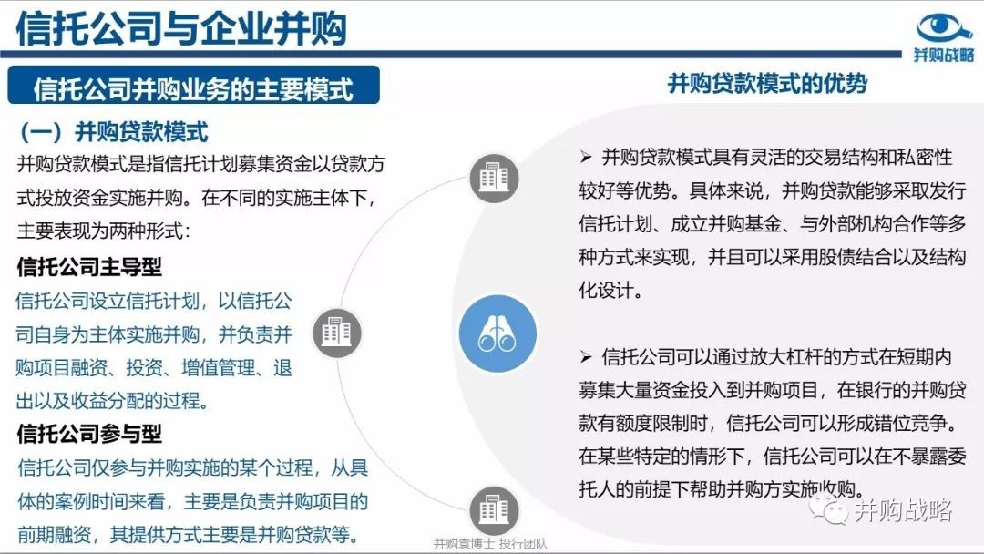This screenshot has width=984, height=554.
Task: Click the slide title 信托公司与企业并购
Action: (181, 27)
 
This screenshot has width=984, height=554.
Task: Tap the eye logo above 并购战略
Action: (944, 27)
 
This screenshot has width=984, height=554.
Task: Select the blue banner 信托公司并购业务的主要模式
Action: (193, 86)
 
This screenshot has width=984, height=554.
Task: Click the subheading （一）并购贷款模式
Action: (114, 132)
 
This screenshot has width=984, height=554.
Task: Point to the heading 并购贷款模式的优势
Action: (767, 83)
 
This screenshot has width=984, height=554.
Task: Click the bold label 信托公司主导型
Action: (89, 267)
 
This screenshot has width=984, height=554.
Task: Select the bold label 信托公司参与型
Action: (89, 434)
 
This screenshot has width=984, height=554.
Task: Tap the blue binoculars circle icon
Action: (497, 333)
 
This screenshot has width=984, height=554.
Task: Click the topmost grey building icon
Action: (495, 178)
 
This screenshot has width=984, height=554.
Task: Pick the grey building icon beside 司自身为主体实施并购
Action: (337, 333)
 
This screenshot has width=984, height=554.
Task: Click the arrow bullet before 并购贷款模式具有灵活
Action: (586, 157)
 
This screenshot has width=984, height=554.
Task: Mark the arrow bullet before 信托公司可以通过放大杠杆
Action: (586, 357)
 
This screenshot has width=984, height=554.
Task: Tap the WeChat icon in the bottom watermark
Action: (828, 508)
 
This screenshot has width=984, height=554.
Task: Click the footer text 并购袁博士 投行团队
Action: (490, 544)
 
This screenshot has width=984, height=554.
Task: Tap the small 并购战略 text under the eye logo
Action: (943, 56)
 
